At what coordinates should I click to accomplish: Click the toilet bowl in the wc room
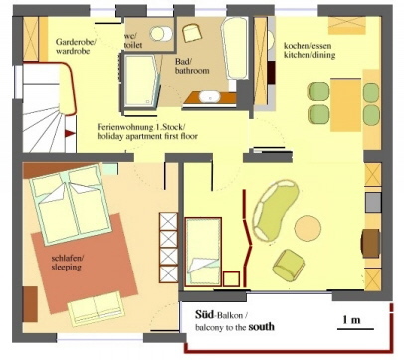pyautogui.click(x=161, y=34)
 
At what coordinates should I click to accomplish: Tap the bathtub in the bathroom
pyautogui.click(x=235, y=48)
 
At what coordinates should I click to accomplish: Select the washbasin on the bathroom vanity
pyautogui.click(x=209, y=96)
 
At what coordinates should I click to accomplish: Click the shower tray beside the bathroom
pyautogui.click(x=140, y=81)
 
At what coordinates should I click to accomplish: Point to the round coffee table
pyautogui.click(x=307, y=228)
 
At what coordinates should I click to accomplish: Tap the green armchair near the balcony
pyautogui.click(x=289, y=266)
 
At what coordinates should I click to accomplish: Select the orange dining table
pyautogui.click(x=345, y=104)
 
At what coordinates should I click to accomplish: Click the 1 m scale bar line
pyautogui.click(x=355, y=329)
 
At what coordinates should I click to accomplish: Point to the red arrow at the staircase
pyautogui.click(x=70, y=133)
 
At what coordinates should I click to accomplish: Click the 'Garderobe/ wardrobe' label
pyautogui.click(x=76, y=47)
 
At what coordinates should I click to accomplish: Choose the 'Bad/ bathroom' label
pyautogui.click(x=192, y=66)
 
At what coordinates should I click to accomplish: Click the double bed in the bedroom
pyautogui.click(x=70, y=205)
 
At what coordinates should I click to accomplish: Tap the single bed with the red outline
pyautogui.click(x=203, y=252)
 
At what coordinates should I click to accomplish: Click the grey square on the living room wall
pyautogui.click(x=373, y=203)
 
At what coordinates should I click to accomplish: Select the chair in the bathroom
pyautogui.click(x=192, y=33)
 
